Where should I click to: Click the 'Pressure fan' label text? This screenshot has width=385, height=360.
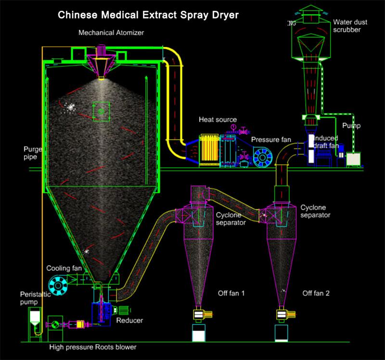[271, 139]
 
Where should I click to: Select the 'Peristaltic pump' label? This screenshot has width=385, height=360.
[33, 298]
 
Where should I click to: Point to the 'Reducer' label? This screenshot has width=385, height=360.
[129, 320]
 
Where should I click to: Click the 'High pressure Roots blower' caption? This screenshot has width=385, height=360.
[96, 347]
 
